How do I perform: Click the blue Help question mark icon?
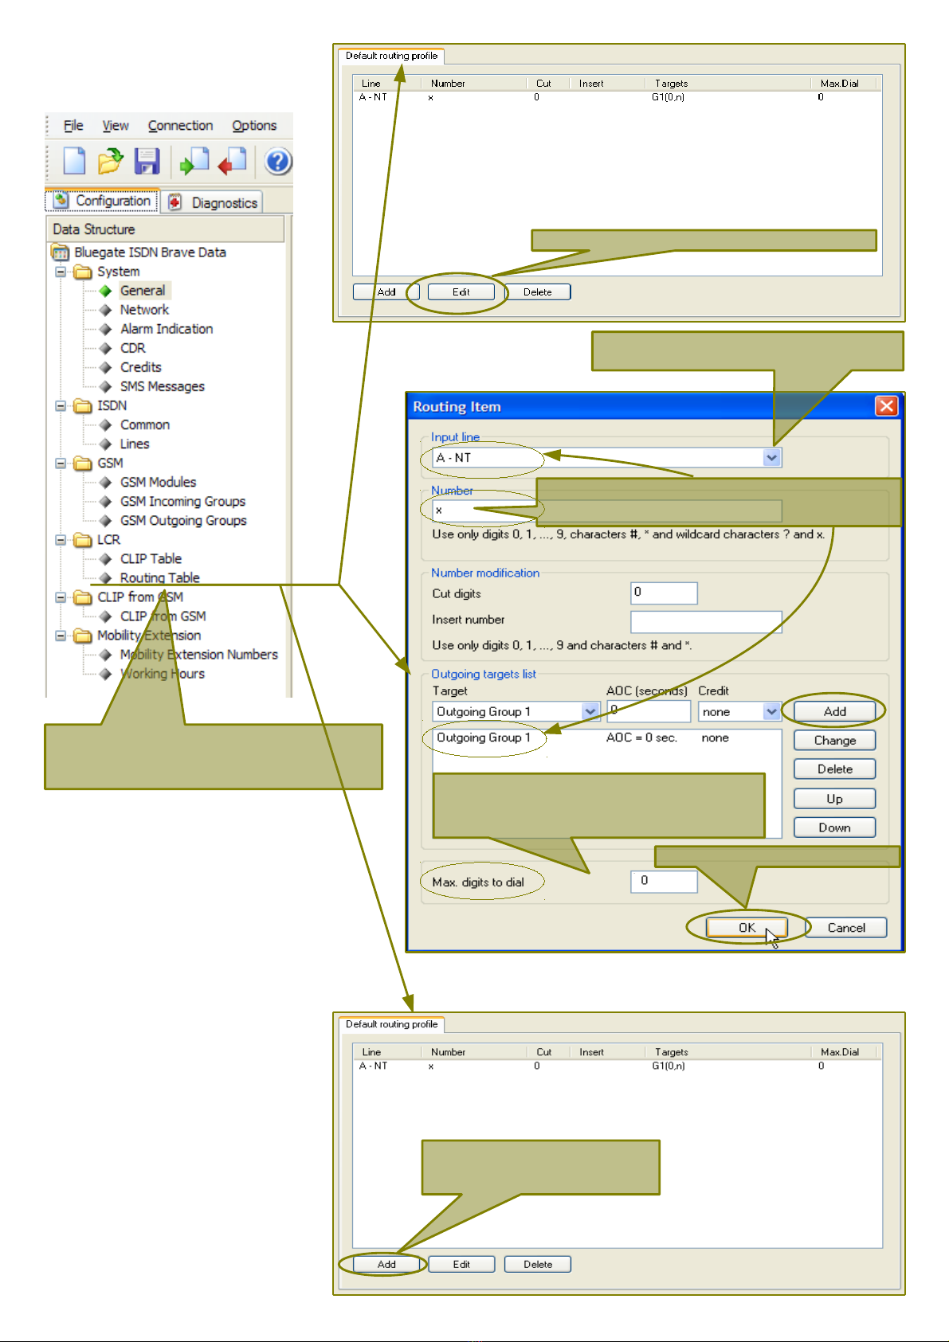278,162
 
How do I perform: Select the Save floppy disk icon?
147,162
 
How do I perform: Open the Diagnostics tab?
213,202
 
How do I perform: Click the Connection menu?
180,126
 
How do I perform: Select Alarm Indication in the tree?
166,329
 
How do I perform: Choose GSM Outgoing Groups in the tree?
182,521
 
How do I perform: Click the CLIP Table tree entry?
151,559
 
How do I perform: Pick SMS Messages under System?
162,386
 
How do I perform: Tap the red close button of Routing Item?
887,406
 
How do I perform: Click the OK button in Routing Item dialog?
747,927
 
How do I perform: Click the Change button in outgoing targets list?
834,741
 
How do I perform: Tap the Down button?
834,828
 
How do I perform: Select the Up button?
834,799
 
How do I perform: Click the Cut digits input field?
664,593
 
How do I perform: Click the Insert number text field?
706,622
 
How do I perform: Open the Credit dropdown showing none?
739,712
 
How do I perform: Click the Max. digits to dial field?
664,882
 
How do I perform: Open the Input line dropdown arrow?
771,458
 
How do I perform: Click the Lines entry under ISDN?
135,444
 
